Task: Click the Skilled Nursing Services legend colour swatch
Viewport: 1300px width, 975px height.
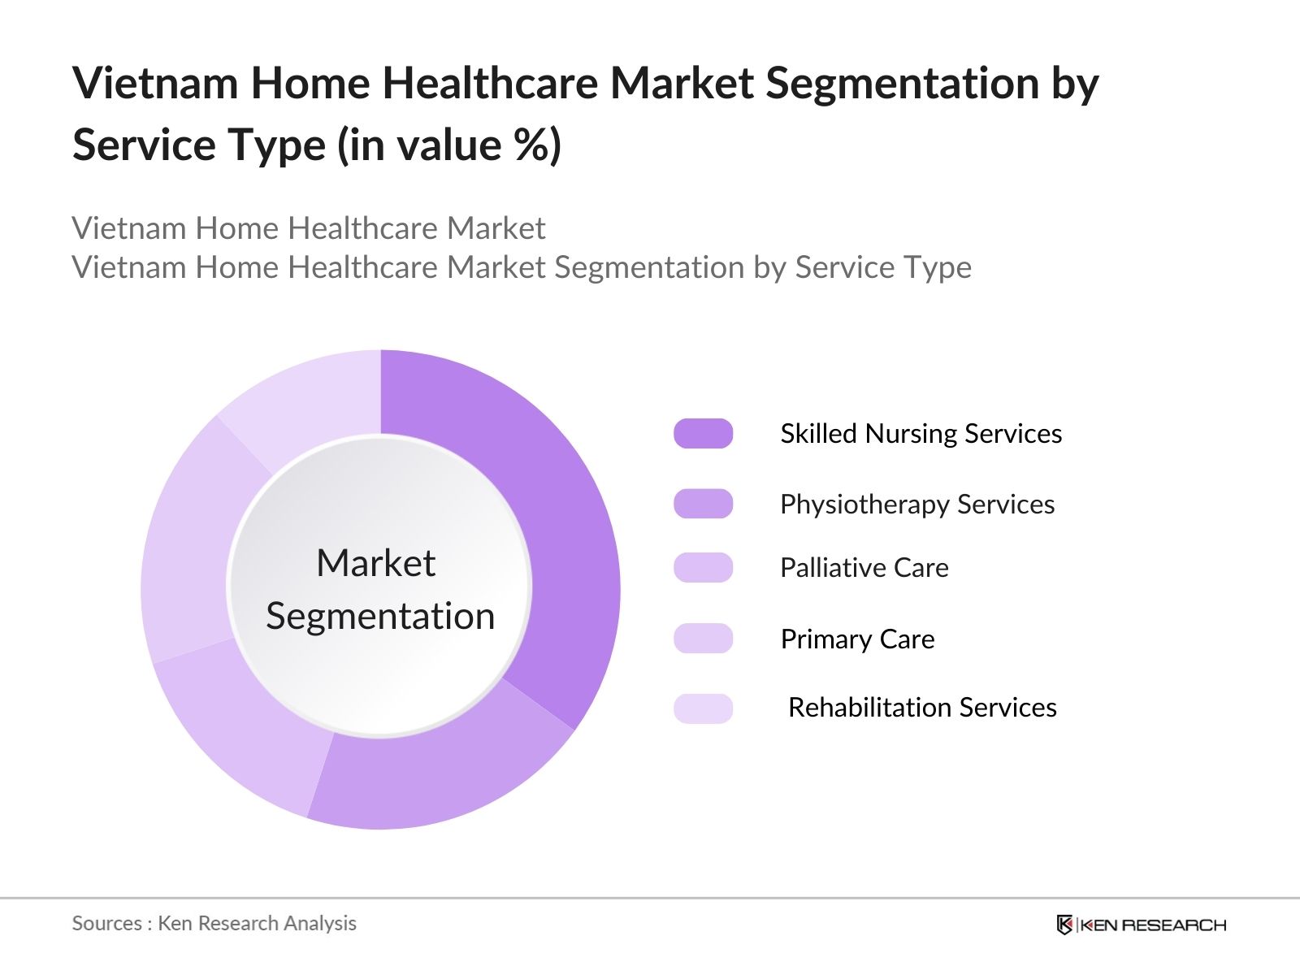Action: (x=703, y=434)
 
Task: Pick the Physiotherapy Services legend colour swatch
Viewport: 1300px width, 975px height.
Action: (x=703, y=504)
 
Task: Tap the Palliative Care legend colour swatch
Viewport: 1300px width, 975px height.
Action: (x=703, y=567)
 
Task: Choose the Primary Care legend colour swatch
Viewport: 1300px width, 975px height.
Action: (x=703, y=639)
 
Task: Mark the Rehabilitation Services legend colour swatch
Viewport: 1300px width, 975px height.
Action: (x=703, y=708)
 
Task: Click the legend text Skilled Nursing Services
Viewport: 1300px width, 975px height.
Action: (x=921, y=434)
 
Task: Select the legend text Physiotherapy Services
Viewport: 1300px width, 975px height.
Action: (x=916, y=505)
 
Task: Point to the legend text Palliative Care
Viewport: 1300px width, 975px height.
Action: (x=864, y=568)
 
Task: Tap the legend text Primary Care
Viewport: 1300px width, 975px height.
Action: (x=857, y=639)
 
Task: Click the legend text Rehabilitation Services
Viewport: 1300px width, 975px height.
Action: (x=922, y=708)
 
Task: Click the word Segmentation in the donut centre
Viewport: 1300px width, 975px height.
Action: (x=380, y=617)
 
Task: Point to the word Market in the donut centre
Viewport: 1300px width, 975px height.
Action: (x=375, y=563)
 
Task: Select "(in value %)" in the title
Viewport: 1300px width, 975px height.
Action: (x=448, y=145)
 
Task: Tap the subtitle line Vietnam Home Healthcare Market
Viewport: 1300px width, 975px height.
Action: (x=308, y=228)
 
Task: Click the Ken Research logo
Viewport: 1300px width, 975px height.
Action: (x=1141, y=925)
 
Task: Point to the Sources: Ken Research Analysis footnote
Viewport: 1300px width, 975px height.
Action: (x=214, y=923)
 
